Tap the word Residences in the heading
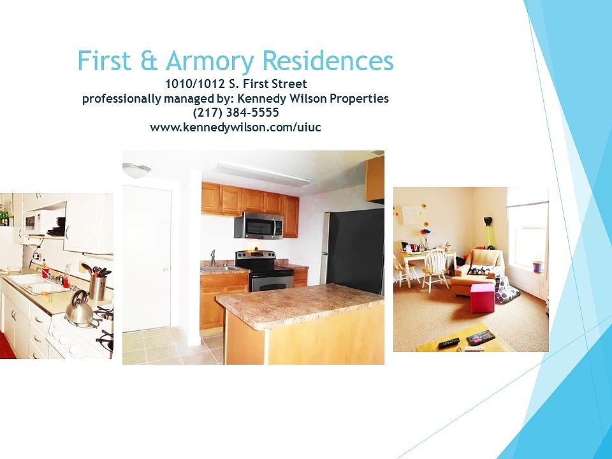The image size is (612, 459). [x=328, y=61]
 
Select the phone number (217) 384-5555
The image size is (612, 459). [x=236, y=113]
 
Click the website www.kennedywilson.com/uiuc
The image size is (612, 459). [x=235, y=127]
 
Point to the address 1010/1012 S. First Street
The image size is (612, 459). [x=236, y=84]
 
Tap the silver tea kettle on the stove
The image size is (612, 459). [x=80, y=309]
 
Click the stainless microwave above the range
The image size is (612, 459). [x=259, y=225]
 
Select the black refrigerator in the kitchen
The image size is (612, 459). [x=353, y=251]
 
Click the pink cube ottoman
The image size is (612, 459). [x=483, y=298]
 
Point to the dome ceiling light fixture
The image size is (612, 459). [x=136, y=170]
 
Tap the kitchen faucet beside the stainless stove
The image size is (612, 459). [x=213, y=258]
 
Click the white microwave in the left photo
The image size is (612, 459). [x=36, y=222]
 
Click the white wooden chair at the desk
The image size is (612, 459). [x=434, y=269]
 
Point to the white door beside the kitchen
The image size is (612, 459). [x=147, y=258]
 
